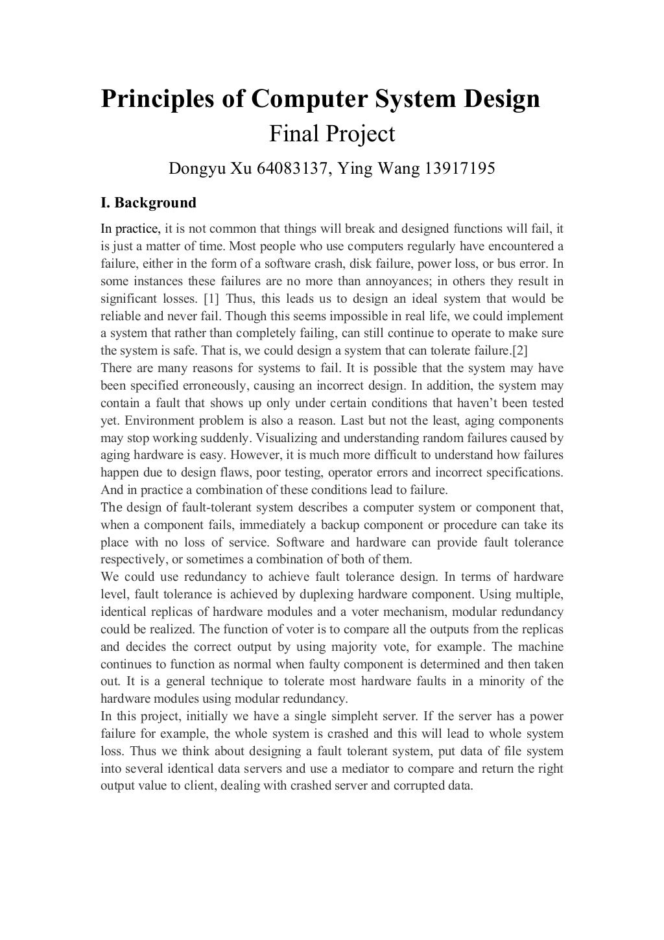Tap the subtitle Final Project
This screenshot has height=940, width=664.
tap(331, 134)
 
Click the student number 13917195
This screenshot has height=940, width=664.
tap(459, 169)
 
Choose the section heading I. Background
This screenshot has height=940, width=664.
tap(148, 203)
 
